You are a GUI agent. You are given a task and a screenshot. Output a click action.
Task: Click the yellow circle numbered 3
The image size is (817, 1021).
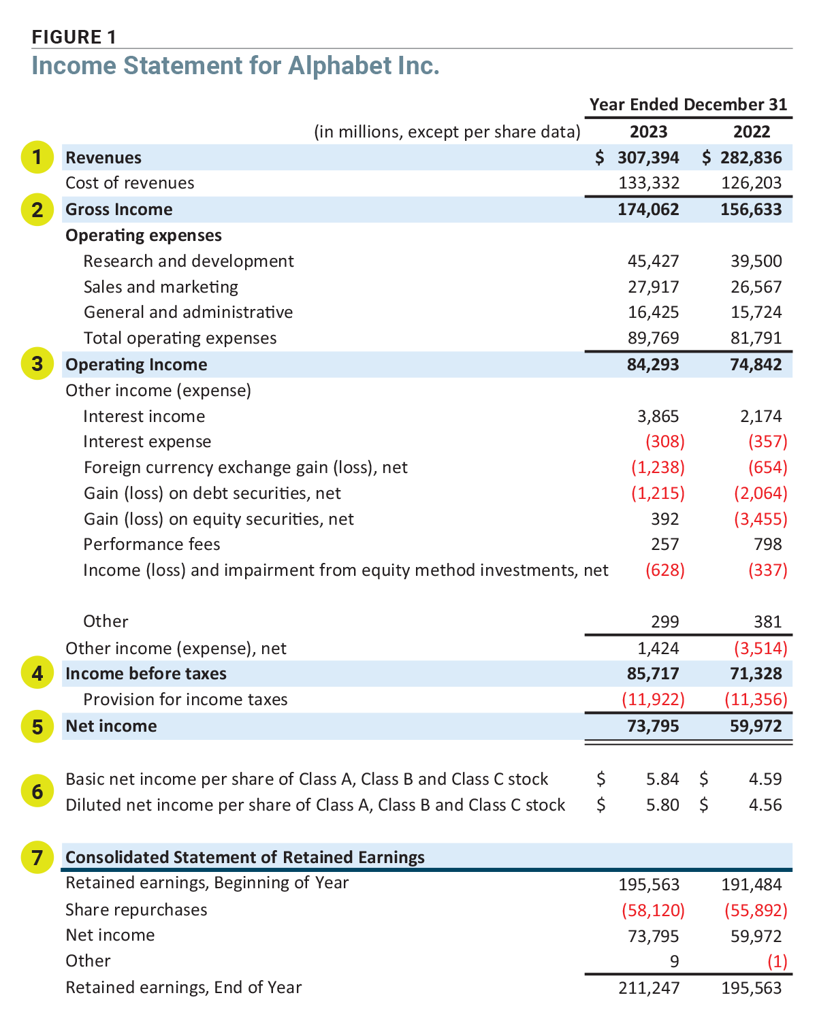[x=37, y=364]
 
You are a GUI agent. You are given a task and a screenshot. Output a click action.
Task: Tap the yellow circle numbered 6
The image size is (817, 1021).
[x=37, y=792]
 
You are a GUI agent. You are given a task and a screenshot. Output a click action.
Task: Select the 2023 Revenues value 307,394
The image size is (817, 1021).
[x=648, y=158]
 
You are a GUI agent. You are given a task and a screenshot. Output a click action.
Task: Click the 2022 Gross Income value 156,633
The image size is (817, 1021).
[x=751, y=210]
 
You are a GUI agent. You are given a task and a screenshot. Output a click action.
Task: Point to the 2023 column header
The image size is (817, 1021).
[x=648, y=131]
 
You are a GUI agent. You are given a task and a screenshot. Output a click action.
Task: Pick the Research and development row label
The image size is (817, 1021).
[x=189, y=261]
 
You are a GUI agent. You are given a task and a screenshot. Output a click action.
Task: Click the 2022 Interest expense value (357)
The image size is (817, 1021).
[x=767, y=442]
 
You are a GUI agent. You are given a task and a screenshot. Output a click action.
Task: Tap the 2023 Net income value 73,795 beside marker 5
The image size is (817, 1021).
[x=652, y=726]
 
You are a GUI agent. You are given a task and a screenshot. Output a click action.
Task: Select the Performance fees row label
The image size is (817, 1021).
[x=152, y=545]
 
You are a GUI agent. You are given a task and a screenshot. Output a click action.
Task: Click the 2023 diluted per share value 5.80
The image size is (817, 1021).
[x=662, y=805]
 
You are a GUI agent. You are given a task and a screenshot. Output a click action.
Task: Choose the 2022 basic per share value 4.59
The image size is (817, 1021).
[x=765, y=779]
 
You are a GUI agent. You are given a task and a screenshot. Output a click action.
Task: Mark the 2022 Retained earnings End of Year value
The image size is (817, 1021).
[x=751, y=988]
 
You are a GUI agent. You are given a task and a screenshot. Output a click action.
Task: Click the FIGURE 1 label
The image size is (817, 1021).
[x=74, y=37]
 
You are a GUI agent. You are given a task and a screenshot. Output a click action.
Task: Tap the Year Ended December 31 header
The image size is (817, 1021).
[x=688, y=105]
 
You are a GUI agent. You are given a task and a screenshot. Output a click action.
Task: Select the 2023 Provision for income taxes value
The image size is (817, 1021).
[x=653, y=700]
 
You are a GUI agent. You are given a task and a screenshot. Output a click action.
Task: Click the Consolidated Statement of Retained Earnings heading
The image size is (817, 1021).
[x=245, y=857]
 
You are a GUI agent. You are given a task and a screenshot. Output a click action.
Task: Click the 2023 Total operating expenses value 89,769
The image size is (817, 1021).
[x=652, y=338]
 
